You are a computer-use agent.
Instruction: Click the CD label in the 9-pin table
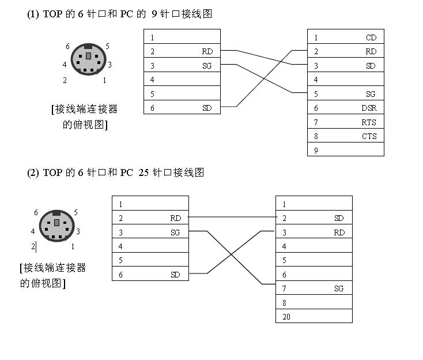pos(371,37)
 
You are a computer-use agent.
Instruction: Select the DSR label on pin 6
pos(369,108)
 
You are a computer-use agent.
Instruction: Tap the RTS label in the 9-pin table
pos(369,122)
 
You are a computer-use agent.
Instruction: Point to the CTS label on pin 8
pos(369,136)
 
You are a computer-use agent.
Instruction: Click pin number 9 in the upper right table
pos(316,150)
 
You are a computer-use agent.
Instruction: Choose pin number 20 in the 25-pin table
pos(286,317)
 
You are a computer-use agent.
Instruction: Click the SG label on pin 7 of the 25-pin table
pos(339,288)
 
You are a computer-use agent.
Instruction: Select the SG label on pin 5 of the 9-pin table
pos(371,94)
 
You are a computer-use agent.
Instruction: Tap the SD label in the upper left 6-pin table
pos(207,108)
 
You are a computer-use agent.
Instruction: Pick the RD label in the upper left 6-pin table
pos(207,51)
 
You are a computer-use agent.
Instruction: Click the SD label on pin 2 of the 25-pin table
pos(339,218)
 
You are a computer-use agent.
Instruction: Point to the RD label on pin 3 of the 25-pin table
pos(339,232)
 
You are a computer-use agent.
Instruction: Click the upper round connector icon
pos(88,59)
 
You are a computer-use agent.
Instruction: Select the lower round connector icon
pos(56,226)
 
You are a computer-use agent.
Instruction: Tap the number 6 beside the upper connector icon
pos(67,46)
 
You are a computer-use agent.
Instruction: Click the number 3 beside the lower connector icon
pos(78,231)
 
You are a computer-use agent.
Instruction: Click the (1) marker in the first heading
pos(33,14)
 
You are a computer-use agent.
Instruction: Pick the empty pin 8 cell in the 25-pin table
pos(314,302)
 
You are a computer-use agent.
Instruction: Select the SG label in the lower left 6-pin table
pos(175,232)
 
